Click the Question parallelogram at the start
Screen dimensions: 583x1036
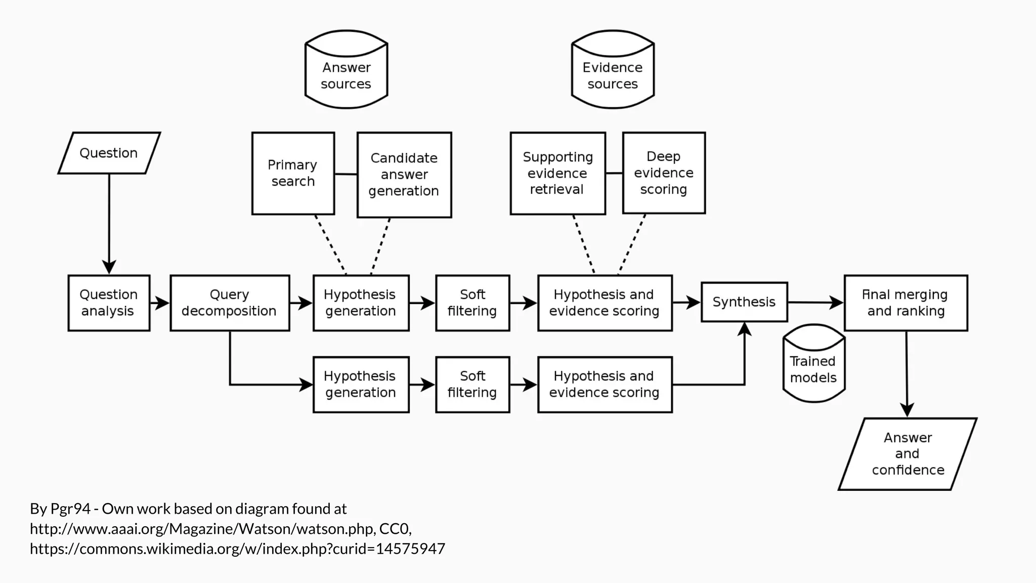[109, 153]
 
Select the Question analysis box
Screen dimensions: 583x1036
[109, 303]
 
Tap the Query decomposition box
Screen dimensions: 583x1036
[230, 303]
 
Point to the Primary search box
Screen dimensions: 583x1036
[293, 173]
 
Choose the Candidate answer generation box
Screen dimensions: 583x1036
[404, 175]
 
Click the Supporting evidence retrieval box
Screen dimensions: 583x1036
[557, 173]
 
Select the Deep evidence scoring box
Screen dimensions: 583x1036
[664, 173]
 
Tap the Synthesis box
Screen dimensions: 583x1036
[744, 302]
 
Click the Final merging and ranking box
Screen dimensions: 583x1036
[905, 303]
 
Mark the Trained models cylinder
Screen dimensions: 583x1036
[813, 367]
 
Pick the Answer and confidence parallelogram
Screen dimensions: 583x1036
[908, 454]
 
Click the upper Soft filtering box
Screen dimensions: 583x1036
[472, 303]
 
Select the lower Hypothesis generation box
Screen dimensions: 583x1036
[361, 385]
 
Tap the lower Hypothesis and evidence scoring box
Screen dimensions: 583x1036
[605, 385]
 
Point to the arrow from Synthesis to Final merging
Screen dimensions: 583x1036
[814, 303]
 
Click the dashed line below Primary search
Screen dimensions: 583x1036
[330, 244]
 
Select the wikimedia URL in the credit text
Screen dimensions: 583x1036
[237, 549]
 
